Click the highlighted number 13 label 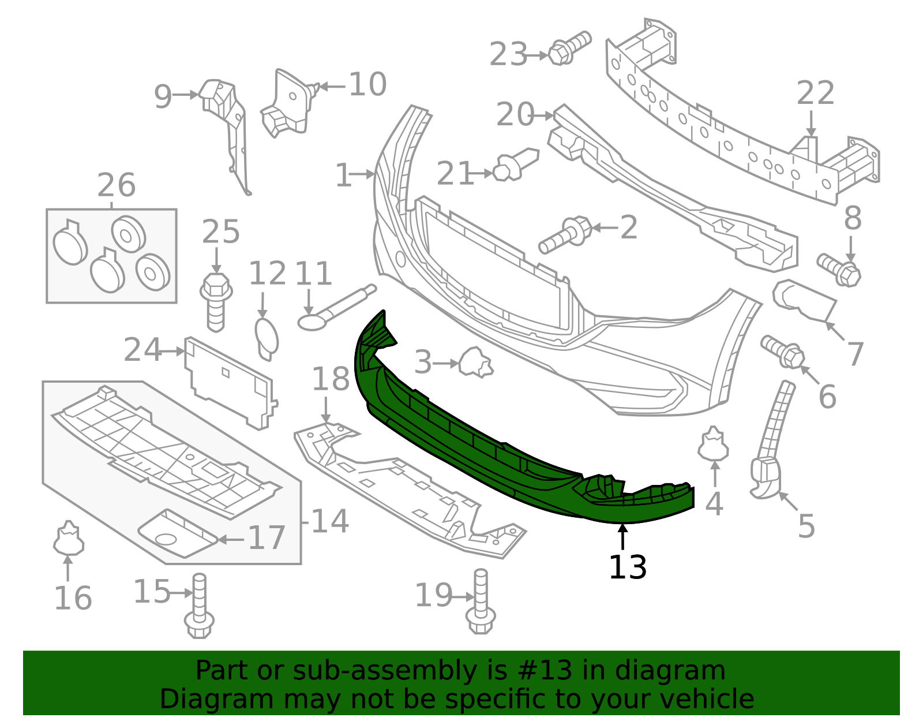tap(628, 567)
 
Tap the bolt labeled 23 tap(568, 48)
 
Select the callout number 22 tap(815, 94)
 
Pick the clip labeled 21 tap(515, 164)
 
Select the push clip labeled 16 tap(69, 538)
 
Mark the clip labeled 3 tap(475, 363)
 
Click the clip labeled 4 tap(714, 445)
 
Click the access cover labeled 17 tap(176, 533)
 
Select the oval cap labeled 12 tap(266, 337)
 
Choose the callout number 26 tap(116, 186)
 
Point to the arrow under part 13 tap(622, 537)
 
